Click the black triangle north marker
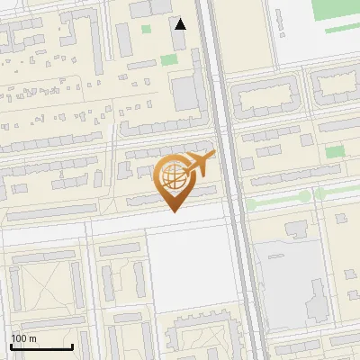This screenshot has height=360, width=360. pos(181,24)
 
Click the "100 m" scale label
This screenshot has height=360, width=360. pos(23,338)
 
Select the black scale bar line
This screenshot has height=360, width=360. pos(41,347)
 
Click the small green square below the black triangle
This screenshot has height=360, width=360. pos(168,60)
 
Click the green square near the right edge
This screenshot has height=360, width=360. pos(335,151)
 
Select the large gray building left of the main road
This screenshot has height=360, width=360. pos(187,93)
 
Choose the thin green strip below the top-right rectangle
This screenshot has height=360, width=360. pos(342,29)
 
